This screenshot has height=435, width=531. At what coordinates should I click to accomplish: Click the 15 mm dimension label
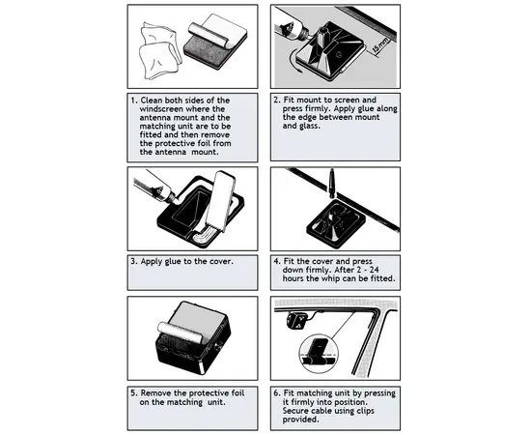pos(380,44)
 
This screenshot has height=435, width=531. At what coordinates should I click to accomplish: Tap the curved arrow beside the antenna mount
pos(293,64)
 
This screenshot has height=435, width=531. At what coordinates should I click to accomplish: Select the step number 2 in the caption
pos(277,100)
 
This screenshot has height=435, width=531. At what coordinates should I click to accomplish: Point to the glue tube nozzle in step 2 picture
pos(306,34)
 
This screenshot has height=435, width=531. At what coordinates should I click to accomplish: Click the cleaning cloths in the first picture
pos(158,51)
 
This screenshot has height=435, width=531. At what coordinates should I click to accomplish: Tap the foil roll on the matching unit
pos(182,332)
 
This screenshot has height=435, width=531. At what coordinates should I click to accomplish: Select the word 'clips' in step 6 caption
pos(364,411)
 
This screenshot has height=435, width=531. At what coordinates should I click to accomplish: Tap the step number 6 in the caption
pos(277,393)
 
